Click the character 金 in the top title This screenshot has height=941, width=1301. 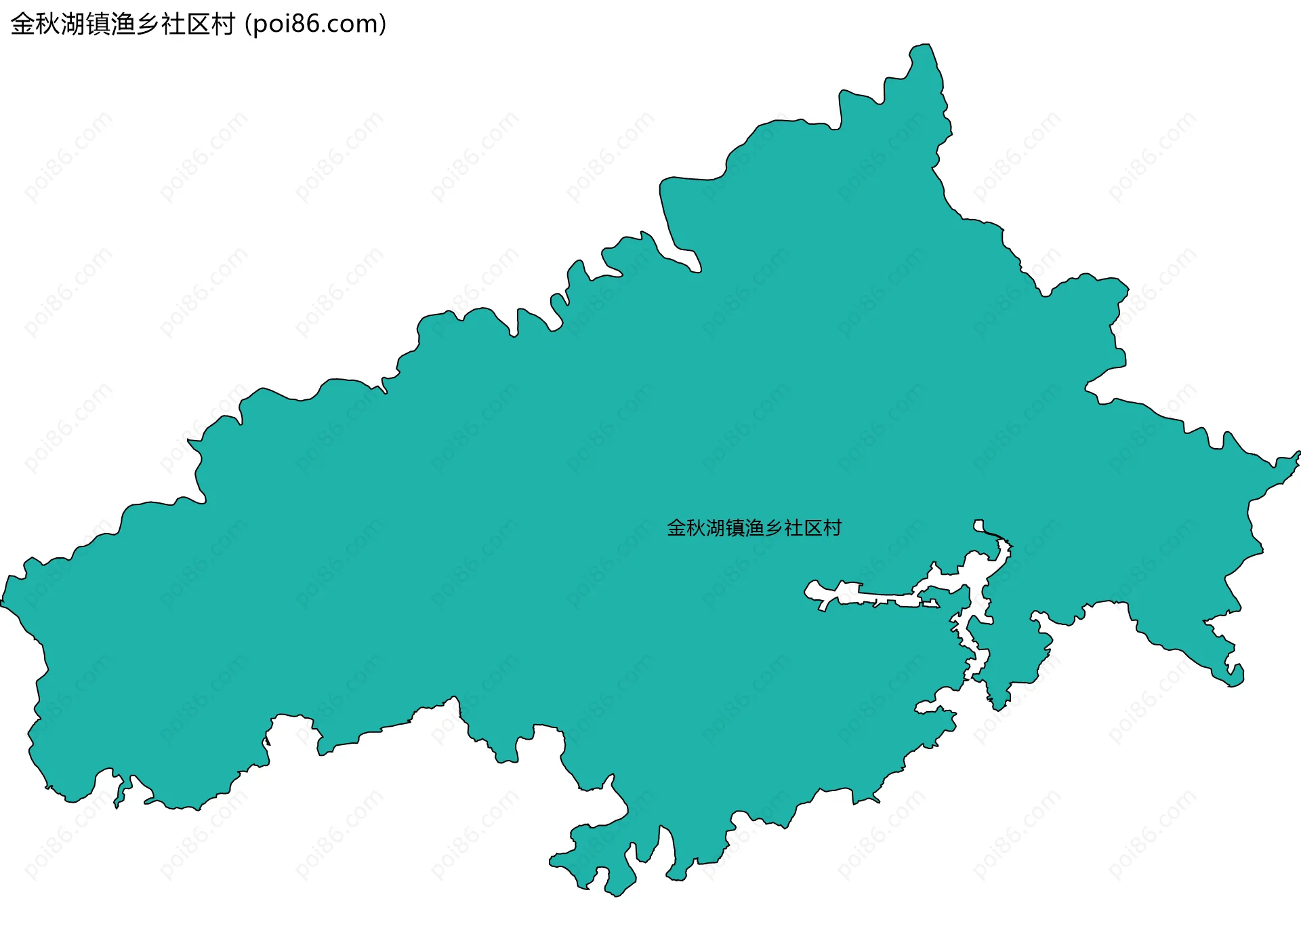click(22, 24)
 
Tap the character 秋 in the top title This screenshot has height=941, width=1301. click(47, 24)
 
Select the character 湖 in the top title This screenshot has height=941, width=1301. click(73, 24)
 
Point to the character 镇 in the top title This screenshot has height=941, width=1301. click(98, 24)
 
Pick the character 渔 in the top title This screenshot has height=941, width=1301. click(123, 24)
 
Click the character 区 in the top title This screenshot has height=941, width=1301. click(198, 24)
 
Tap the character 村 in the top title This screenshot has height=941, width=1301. click(223, 24)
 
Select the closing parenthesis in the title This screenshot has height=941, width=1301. click(383, 24)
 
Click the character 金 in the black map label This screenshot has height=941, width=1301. click(677, 528)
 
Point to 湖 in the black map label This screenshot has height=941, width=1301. click(716, 528)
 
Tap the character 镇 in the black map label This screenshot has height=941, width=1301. click(735, 528)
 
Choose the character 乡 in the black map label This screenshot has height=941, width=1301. click(774, 528)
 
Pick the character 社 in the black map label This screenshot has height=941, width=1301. click(793, 528)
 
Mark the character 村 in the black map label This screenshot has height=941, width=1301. click(832, 528)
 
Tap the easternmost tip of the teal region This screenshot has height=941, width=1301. click(1298, 454)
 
